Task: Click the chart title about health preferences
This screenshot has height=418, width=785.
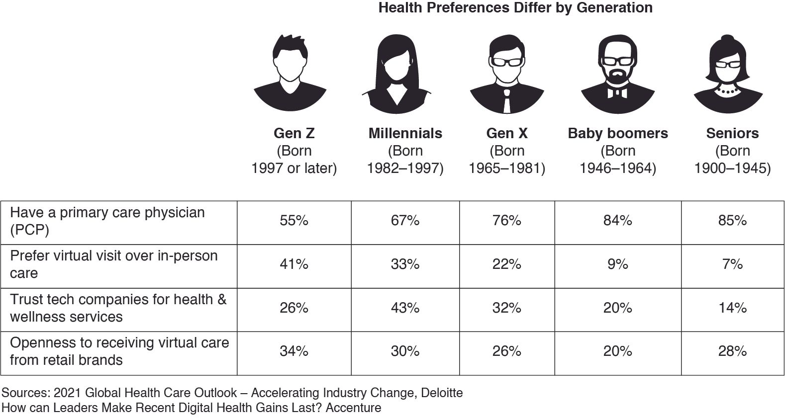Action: pyautogui.click(x=515, y=8)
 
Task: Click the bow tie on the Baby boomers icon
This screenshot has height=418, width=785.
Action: pyautogui.click(x=617, y=92)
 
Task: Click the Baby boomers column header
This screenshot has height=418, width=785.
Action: pyautogui.click(x=617, y=133)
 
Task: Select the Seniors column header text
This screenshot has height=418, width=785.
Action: pyautogui.click(x=732, y=133)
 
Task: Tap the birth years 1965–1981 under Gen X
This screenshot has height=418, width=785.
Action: pyautogui.click(x=506, y=168)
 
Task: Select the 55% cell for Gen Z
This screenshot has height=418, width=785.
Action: pyautogui.click(x=294, y=220)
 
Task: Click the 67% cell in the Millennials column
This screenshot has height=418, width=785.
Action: pyautogui.click(x=405, y=220)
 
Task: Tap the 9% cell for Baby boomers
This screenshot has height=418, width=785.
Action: pyautogui.click(x=617, y=264)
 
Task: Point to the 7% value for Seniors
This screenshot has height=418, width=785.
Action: pyautogui.click(x=732, y=264)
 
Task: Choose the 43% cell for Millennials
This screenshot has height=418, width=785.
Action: pyautogui.click(x=405, y=308)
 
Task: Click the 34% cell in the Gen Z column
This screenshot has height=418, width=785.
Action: pyautogui.click(x=294, y=351)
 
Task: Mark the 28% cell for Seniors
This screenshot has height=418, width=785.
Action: pyautogui.click(x=732, y=351)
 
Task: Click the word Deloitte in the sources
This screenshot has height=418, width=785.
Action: pyautogui.click(x=442, y=393)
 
